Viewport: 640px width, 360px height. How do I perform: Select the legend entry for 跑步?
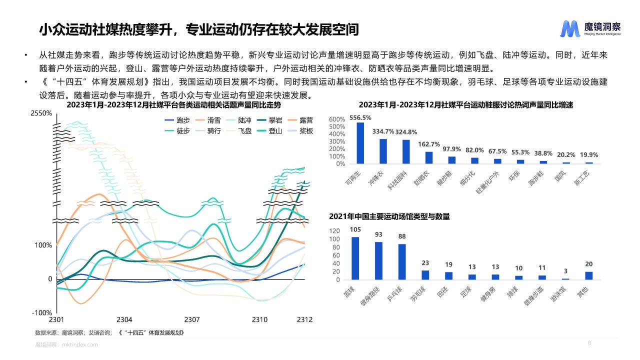[177, 120]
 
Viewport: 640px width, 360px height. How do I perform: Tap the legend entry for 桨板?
[299, 131]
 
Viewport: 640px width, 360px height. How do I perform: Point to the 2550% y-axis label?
[41, 113]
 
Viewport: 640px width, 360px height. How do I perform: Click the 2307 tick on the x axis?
[192, 319]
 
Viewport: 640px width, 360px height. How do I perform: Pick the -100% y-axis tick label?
[42, 313]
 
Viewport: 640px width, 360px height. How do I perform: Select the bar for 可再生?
[360, 143]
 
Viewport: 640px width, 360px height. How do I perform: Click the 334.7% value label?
[383, 131]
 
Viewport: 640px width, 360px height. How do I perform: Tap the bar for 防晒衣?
[428, 157]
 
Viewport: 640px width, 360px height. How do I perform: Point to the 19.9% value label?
[589, 155]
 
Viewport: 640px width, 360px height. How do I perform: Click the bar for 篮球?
[355, 258]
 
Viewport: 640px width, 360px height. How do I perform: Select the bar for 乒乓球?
[401, 261]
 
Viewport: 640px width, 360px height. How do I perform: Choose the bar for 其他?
[589, 275]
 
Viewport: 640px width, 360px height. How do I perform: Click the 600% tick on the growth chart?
[337, 119]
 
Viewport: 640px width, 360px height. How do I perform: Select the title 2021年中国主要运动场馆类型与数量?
[389, 216]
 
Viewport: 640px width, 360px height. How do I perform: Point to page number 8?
[589, 343]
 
